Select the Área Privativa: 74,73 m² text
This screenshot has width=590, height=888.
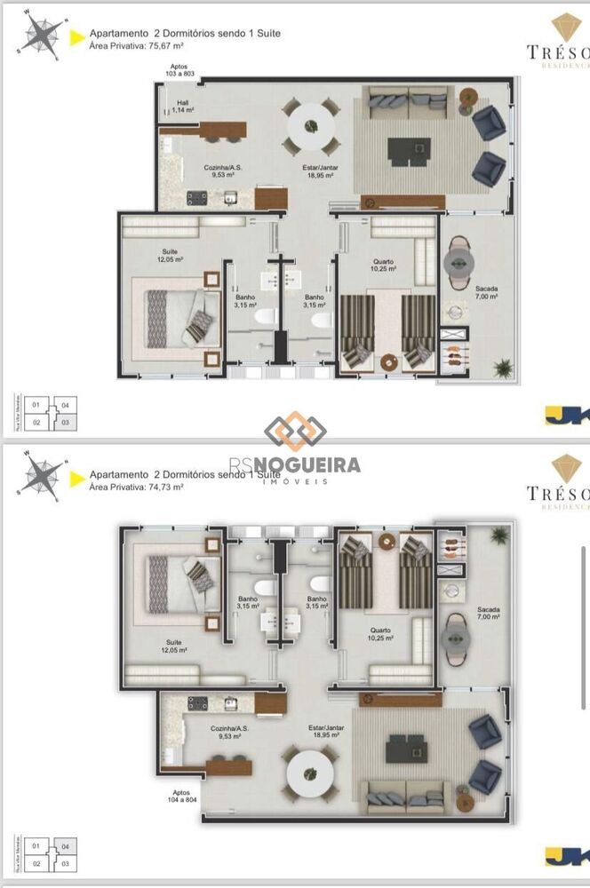(x=136, y=487)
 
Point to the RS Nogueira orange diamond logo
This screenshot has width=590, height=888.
(x=295, y=432)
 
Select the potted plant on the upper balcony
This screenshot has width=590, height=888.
(x=502, y=366)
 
